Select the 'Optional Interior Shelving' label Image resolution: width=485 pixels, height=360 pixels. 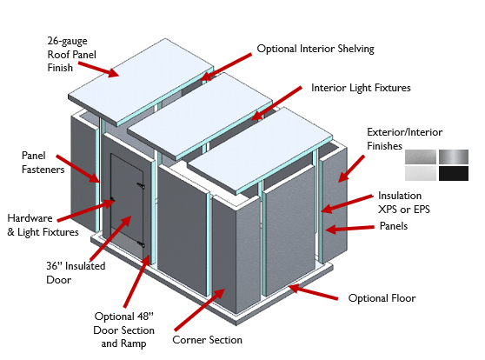315,49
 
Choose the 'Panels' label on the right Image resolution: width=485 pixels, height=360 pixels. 393,226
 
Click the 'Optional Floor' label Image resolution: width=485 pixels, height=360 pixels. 382,298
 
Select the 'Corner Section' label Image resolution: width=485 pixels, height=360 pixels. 207,340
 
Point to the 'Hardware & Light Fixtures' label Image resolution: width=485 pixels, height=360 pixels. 43,224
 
